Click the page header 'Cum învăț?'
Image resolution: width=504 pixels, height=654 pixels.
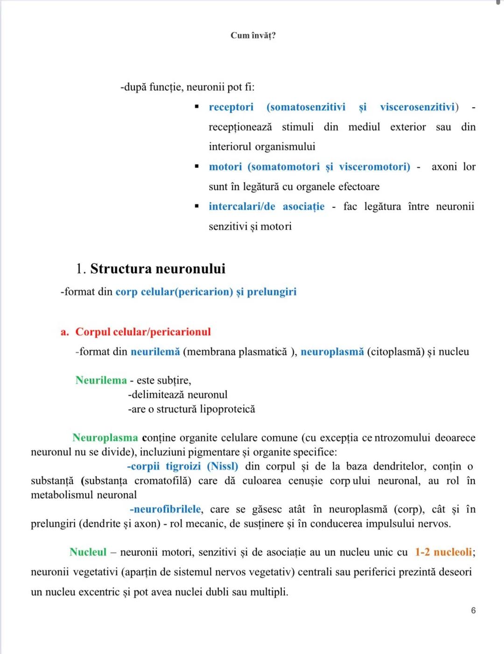coord(253,36)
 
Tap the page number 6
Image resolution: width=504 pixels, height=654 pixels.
coord(473,611)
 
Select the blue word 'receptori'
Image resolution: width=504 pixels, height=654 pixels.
coord(231,107)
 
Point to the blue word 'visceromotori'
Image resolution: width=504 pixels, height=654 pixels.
coord(374,167)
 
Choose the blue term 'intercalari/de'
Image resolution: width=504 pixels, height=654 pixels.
coord(242,206)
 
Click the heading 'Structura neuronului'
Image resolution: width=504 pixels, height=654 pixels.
coord(158,269)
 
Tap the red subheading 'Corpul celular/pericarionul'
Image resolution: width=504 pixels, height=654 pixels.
coord(143,332)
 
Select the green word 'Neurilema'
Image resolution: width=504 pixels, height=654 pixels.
coord(101,380)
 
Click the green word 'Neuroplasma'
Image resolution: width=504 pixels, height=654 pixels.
coord(105,438)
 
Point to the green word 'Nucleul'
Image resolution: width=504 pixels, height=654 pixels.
coord(88,552)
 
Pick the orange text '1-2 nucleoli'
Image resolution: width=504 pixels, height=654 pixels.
coord(443,552)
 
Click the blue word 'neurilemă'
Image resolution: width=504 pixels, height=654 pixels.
coord(155,352)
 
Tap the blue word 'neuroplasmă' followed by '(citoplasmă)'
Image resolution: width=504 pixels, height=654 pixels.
coord(332,352)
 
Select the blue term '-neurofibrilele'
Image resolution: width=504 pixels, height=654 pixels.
coord(165,509)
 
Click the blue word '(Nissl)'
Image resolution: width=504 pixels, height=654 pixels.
coord(222,466)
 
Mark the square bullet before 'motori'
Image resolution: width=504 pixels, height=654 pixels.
coord(197,167)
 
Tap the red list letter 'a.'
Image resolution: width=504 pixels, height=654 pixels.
coord(64,332)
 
